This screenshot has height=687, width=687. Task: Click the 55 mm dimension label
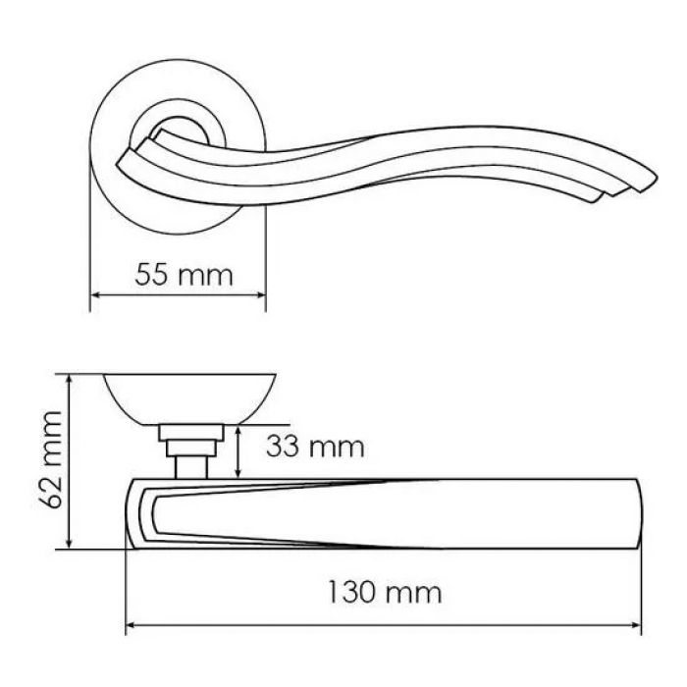(185, 275)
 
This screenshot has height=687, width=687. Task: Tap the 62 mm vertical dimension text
(53, 459)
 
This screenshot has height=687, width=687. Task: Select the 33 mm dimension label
(315, 447)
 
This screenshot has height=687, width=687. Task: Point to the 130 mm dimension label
(385, 592)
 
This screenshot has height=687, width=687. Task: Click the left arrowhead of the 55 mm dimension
(95, 294)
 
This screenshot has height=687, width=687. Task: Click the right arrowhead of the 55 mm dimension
(261, 294)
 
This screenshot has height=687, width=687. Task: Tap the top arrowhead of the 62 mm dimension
(69, 380)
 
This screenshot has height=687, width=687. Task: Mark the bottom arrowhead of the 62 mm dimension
(69, 544)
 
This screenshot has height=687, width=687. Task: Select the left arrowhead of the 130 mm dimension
(132, 625)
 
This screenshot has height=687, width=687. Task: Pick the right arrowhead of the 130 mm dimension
(635, 625)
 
